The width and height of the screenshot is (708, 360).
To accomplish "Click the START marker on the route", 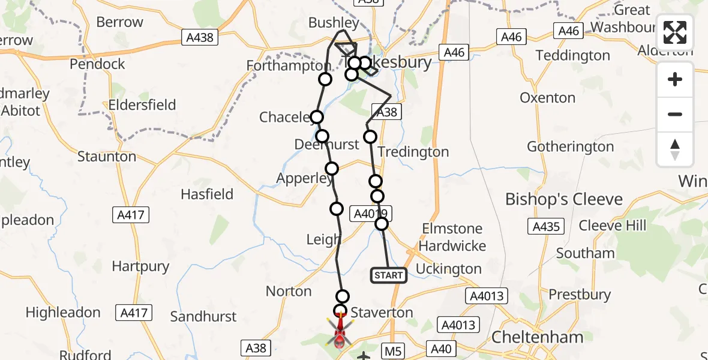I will click(x=389, y=275).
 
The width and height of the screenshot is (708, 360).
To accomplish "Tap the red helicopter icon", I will click(x=340, y=332).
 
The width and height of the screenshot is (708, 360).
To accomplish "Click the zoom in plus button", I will click(x=675, y=79).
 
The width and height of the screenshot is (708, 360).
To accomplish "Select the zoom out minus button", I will click(x=675, y=114).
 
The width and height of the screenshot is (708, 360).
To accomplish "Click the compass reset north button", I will click(x=675, y=149).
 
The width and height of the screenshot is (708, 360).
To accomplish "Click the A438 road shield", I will click(x=198, y=38).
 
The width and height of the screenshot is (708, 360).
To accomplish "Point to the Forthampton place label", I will click(x=288, y=65).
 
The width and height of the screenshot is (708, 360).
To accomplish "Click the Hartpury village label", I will click(x=140, y=266).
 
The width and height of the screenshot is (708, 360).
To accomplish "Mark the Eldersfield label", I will click(x=142, y=105).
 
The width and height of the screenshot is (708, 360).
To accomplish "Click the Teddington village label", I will click(x=572, y=55).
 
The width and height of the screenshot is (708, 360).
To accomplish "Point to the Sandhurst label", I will click(x=203, y=316).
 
